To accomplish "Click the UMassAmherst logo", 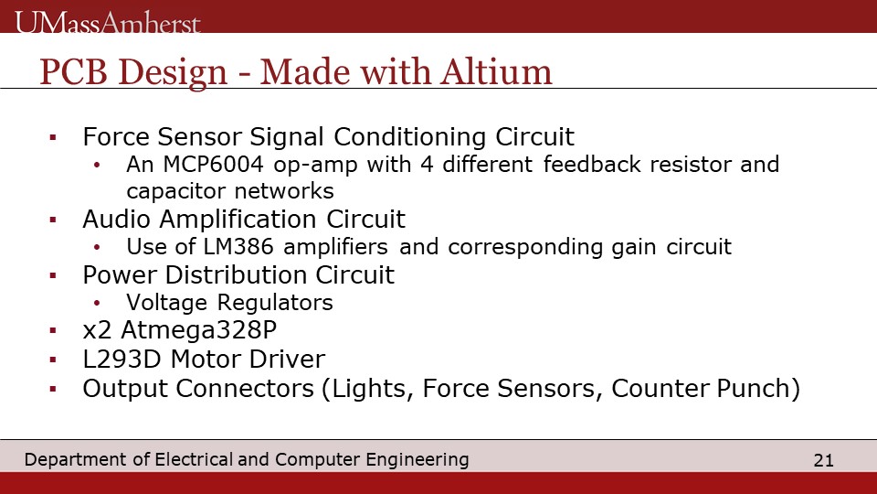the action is [x=108, y=22].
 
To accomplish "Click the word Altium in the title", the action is [x=496, y=72].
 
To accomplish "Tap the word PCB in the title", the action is [x=73, y=72].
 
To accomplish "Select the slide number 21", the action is [x=823, y=460].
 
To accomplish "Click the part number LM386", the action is [x=238, y=246].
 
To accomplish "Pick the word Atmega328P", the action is [x=198, y=330].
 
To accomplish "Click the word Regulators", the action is [x=275, y=303].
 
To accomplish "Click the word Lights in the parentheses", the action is [x=373, y=389].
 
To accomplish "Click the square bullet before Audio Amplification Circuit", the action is [x=53, y=220].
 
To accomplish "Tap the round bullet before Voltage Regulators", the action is [x=97, y=303].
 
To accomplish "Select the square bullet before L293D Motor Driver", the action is [x=53, y=360].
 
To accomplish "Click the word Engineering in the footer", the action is [x=417, y=460].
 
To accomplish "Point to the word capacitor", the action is [x=176, y=191].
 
